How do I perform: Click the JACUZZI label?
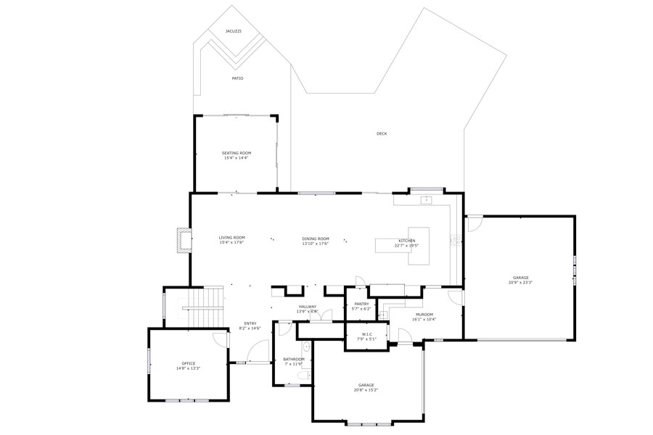(233, 31)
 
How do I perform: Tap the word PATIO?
(237, 78)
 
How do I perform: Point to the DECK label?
(382, 133)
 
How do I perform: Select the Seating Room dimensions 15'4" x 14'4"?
(236, 158)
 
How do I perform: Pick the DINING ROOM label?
(316, 239)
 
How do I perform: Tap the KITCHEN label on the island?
(406, 241)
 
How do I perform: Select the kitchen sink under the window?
(428, 199)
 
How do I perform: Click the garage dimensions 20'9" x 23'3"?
(520, 282)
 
